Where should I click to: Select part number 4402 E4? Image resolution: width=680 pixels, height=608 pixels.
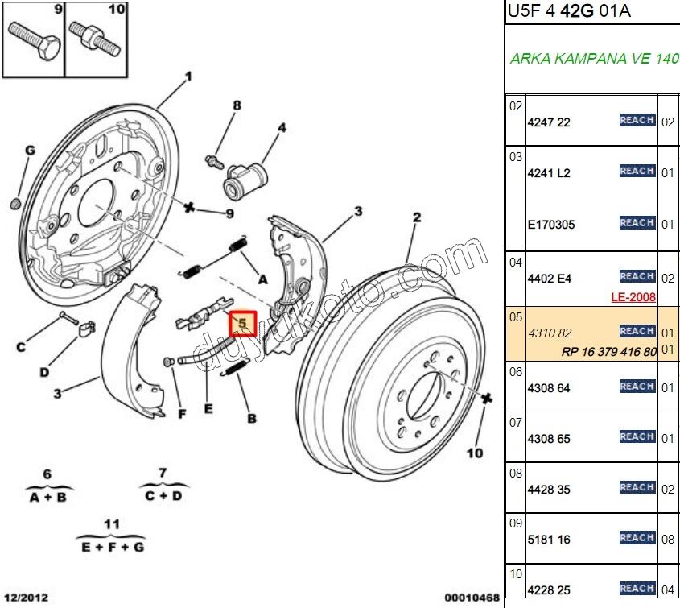click(x=549, y=279)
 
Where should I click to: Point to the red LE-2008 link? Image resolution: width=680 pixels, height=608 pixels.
click(x=633, y=297)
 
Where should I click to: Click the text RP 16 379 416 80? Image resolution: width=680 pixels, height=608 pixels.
click(x=609, y=352)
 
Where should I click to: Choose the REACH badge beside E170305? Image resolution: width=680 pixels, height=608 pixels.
click(x=637, y=222)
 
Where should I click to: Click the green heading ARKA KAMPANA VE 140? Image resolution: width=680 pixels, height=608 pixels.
click(x=594, y=59)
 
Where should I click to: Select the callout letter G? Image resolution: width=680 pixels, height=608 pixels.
click(x=30, y=151)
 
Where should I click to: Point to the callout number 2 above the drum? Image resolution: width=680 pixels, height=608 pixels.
click(x=417, y=217)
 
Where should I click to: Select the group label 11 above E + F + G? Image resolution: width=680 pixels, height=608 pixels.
click(x=112, y=523)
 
